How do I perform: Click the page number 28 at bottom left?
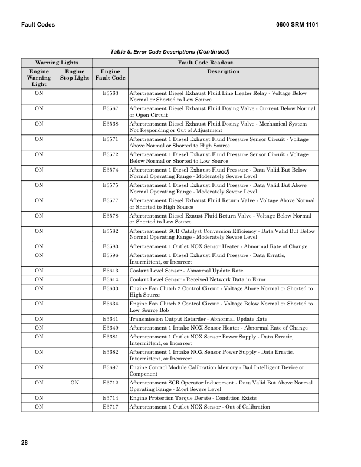(x=24, y=442)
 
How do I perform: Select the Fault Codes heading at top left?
(x=38, y=25)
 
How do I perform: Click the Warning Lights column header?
(x=57, y=62)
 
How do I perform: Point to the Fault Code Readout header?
(x=206, y=62)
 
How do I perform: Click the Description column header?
(x=223, y=71)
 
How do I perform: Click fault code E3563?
(x=110, y=93)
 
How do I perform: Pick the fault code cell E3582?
(x=110, y=231)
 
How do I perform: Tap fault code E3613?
(x=110, y=269)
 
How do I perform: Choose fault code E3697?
(x=110, y=367)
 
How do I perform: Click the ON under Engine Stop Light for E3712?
(x=74, y=383)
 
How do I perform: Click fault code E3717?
(x=110, y=407)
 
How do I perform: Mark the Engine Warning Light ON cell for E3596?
(x=39, y=255)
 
